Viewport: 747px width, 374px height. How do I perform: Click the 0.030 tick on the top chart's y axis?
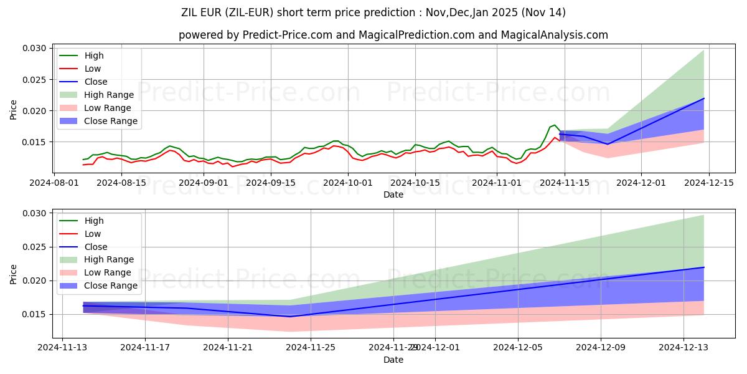coord(34,49)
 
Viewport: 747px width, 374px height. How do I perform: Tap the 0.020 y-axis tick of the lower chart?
coord(34,280)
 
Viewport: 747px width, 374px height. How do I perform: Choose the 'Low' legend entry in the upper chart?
coord(93,69)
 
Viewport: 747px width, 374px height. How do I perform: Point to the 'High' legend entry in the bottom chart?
coord(94,221)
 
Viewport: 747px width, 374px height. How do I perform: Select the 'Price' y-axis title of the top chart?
coord(14,109)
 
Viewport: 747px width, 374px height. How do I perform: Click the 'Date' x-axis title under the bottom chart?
coord(393,360)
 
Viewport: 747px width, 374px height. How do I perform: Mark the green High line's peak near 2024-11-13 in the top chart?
coord(555,125)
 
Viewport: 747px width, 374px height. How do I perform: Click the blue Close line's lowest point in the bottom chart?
coord(290,317)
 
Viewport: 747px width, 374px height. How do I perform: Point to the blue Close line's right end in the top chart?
coord(703,98)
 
